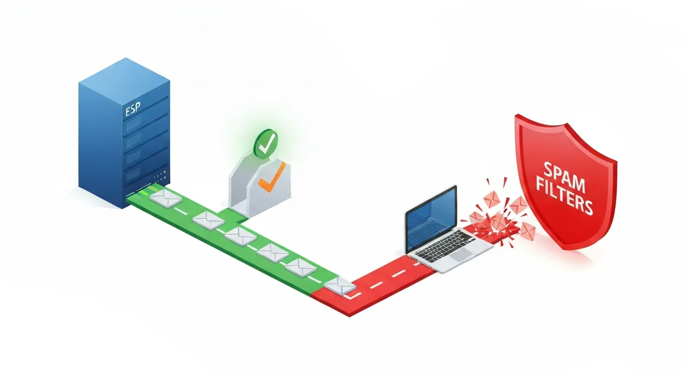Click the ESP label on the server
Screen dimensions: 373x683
(132, 110)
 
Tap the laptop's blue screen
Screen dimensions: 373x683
(431, 217)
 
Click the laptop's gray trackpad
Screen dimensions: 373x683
(461, 254)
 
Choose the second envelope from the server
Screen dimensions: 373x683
(208, 220)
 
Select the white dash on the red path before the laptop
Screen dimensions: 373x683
(396, 274)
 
